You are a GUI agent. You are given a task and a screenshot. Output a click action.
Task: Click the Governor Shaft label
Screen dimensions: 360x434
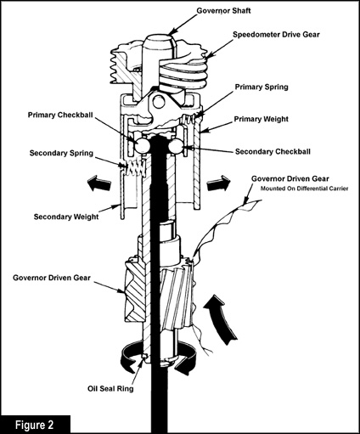223,11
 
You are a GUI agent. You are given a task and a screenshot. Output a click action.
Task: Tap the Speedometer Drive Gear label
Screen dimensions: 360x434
276,35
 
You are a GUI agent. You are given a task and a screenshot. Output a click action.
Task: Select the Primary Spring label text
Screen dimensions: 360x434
262,87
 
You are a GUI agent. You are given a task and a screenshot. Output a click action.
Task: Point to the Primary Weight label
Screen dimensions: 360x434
261,119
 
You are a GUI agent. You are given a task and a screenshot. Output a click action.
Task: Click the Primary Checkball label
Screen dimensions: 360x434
60,115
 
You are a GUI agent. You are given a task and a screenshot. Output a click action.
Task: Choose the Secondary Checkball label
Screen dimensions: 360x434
273,151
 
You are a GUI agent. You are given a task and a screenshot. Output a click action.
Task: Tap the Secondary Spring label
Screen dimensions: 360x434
61,153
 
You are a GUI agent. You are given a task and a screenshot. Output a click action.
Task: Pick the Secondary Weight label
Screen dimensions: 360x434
66,217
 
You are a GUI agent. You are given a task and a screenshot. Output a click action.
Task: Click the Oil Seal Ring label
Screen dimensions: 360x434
110,389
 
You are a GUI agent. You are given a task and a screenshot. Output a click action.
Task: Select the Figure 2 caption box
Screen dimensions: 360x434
35,425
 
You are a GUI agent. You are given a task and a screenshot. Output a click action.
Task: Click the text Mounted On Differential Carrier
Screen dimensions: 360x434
304,189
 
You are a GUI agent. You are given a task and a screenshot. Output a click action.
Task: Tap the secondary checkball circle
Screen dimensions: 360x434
176,146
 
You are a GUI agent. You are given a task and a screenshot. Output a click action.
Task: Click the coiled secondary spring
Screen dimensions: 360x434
135,168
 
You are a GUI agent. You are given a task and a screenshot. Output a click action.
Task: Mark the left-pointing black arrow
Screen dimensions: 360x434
98,183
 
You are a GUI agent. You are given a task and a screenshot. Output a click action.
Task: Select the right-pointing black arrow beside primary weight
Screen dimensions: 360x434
218,183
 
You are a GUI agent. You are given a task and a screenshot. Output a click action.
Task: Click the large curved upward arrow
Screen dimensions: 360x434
221,317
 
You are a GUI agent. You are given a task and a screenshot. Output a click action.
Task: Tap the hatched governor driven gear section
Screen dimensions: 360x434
135,291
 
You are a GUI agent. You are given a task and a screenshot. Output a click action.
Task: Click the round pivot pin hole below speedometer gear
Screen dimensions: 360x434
159,103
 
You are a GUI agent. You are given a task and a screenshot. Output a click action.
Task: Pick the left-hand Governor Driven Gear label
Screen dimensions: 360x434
52,278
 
